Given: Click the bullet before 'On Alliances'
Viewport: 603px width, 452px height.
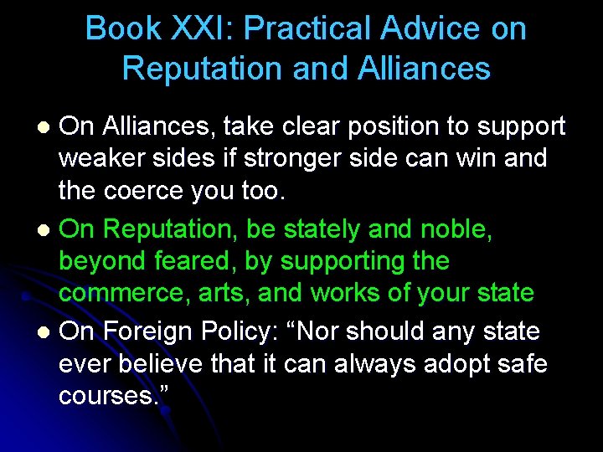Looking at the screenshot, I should tap(47, 127).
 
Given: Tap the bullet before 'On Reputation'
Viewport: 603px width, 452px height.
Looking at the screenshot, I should tap(47, 230).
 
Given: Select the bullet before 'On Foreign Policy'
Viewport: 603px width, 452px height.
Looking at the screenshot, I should tap(47, 333).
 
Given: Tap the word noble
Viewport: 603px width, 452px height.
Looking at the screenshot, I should tap(455, 229).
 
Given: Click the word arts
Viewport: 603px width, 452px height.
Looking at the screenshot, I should tap(227, 293).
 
